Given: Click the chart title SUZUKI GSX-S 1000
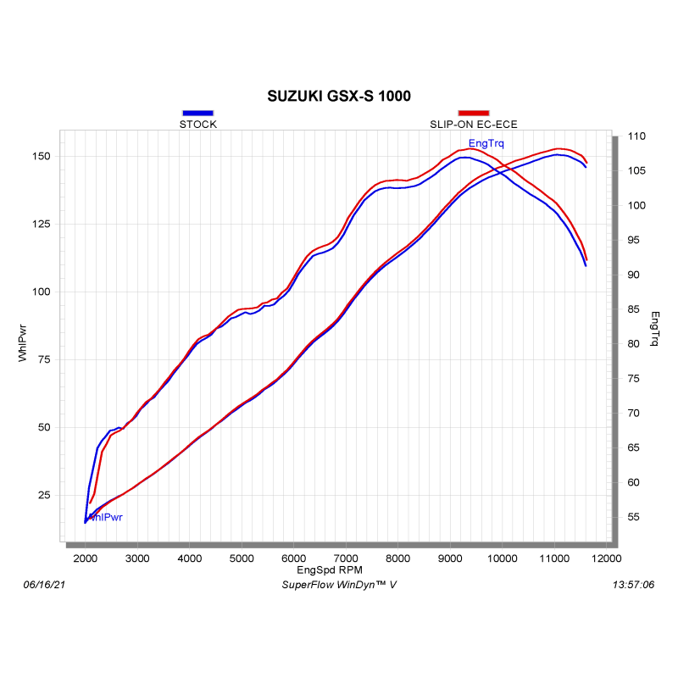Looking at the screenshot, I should click(x=339, y=96).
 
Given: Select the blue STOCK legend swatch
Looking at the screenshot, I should click(x=197, y=113).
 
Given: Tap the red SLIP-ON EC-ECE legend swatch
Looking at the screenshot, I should click(x=473, y=113).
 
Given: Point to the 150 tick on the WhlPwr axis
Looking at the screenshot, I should click(x=42, y=157).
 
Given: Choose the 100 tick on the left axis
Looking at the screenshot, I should click(x=42, y=292).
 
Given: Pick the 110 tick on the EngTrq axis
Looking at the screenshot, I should click(x=634, y=136).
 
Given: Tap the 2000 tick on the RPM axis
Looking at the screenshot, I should click(x=86, y=558).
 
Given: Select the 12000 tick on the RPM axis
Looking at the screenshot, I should click(x=607, y=558).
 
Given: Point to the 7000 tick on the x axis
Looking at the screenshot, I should click(x=346, y=558).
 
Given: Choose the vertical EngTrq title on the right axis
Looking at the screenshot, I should click(x=654, y=329).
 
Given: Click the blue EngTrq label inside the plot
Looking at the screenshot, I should click(x=486, y=143).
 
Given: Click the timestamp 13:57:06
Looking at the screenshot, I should click(x=632, y=585).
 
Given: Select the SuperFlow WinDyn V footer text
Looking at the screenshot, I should click(x=338, y=585).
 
